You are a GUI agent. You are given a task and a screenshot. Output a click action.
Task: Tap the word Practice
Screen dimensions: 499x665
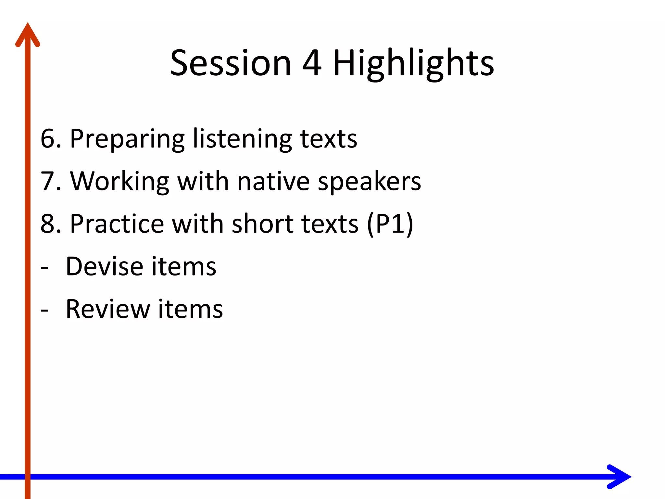[x=117, y=224]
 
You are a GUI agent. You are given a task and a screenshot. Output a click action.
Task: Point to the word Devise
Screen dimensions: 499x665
[x=104, y=266]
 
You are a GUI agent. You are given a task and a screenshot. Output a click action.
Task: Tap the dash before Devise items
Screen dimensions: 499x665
[x=44, y=268]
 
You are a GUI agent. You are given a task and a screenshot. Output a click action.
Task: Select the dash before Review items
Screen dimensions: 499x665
[x=44, y=311]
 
